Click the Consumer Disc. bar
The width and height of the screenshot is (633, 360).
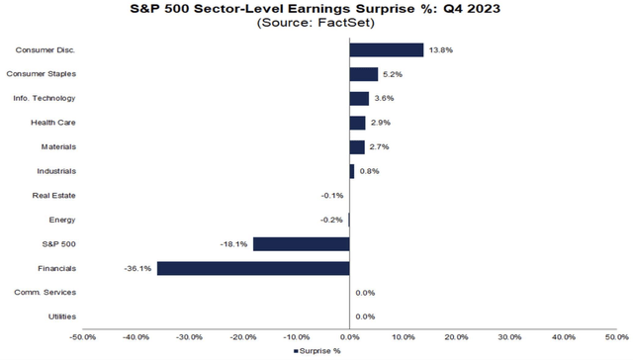tap(387, 49)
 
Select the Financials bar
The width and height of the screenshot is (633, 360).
tap(253, 268)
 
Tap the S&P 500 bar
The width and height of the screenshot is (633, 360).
tap(302, 243)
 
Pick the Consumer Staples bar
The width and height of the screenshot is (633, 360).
tap(364, 74)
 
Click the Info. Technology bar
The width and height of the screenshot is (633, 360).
tap(359, 98)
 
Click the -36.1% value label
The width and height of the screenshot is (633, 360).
tap(138, 268)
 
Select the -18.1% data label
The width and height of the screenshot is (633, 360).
tap(235, 243)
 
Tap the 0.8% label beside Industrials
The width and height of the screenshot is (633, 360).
tap(368, 171)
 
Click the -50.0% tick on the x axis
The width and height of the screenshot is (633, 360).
tap(83, 335)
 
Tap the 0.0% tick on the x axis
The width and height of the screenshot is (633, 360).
tap(350, 335)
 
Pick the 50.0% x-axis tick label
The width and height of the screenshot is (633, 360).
tap(616, 335)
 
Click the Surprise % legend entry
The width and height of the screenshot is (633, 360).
tap(318, 351)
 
